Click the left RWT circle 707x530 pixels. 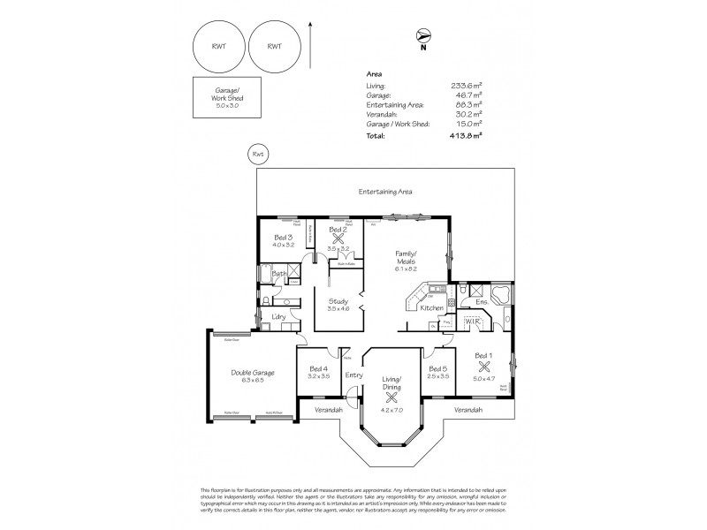pos(218,47)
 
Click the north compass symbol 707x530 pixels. pos(424,36)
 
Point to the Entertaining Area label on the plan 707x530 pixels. pos(385,191)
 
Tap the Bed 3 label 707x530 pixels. pos(283,238)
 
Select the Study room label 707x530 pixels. pos(338,302)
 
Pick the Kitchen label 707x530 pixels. pos(431,307)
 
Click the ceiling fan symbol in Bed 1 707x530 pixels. pos(483,366)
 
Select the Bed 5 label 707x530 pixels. pos(437,368)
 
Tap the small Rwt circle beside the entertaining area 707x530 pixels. pos(257,155)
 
